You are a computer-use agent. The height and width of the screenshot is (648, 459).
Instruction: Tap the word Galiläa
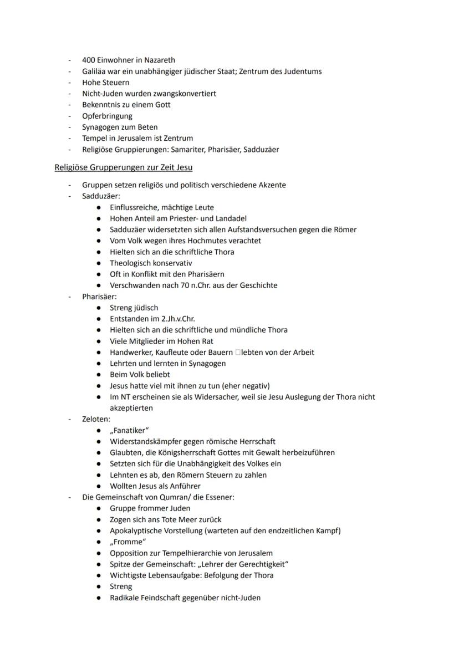[x=95, y=71]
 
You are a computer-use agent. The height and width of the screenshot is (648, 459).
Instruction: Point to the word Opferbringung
[x=107, y=116]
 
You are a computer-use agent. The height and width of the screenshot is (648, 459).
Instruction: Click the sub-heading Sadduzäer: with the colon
[x=101, y=196]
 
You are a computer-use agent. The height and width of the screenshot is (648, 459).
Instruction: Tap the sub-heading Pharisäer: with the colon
[x=99, y=297]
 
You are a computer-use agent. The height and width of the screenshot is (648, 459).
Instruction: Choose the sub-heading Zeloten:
[x=96, y=419]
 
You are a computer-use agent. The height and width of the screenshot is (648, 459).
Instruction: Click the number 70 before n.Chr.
[x=170, y=285]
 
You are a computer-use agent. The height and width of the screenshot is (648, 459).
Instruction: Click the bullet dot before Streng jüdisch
[x=98, y=308]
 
